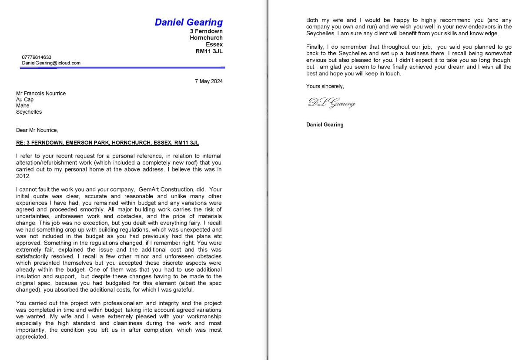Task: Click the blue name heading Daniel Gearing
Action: point(188,22)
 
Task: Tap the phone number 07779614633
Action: point(37,57)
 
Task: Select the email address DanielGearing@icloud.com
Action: point(51,63)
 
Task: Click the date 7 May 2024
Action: point(208,81)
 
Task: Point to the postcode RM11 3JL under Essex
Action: point(209,51)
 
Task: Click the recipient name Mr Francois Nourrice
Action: point(41,93)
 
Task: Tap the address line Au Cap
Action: point(25,100)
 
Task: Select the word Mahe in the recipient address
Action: point(23,106)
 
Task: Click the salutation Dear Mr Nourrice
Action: point(37,130)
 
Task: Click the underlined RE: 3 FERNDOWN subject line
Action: point(107,142)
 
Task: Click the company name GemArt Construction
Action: point(166,189)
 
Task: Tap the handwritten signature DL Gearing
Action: point(331,103)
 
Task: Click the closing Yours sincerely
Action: point(325,86)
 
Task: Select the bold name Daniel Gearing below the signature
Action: point(325,124)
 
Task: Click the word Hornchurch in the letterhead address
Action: point(206,38)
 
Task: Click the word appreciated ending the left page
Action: point(31,336)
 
